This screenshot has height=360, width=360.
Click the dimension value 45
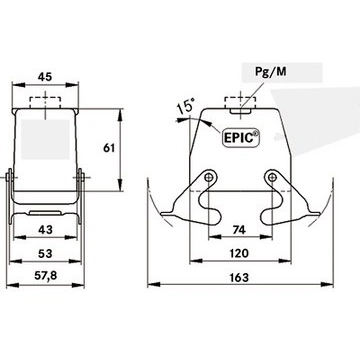[x=45, y=77]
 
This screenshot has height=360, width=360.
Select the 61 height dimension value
[x=109, y=148]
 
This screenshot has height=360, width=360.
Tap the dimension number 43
[x=45, y=230]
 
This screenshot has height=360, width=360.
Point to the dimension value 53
[x=45, y=254]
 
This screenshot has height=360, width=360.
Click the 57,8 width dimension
[x=46, y=276]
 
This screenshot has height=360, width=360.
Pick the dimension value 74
[x=240, y=230]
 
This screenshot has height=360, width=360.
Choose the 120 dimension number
[x=239, y=253]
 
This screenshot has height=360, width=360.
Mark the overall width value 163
[x=239, y=277]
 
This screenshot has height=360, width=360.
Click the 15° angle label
[x=185, y=107]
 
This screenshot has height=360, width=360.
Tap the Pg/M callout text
[x=270, y=71]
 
